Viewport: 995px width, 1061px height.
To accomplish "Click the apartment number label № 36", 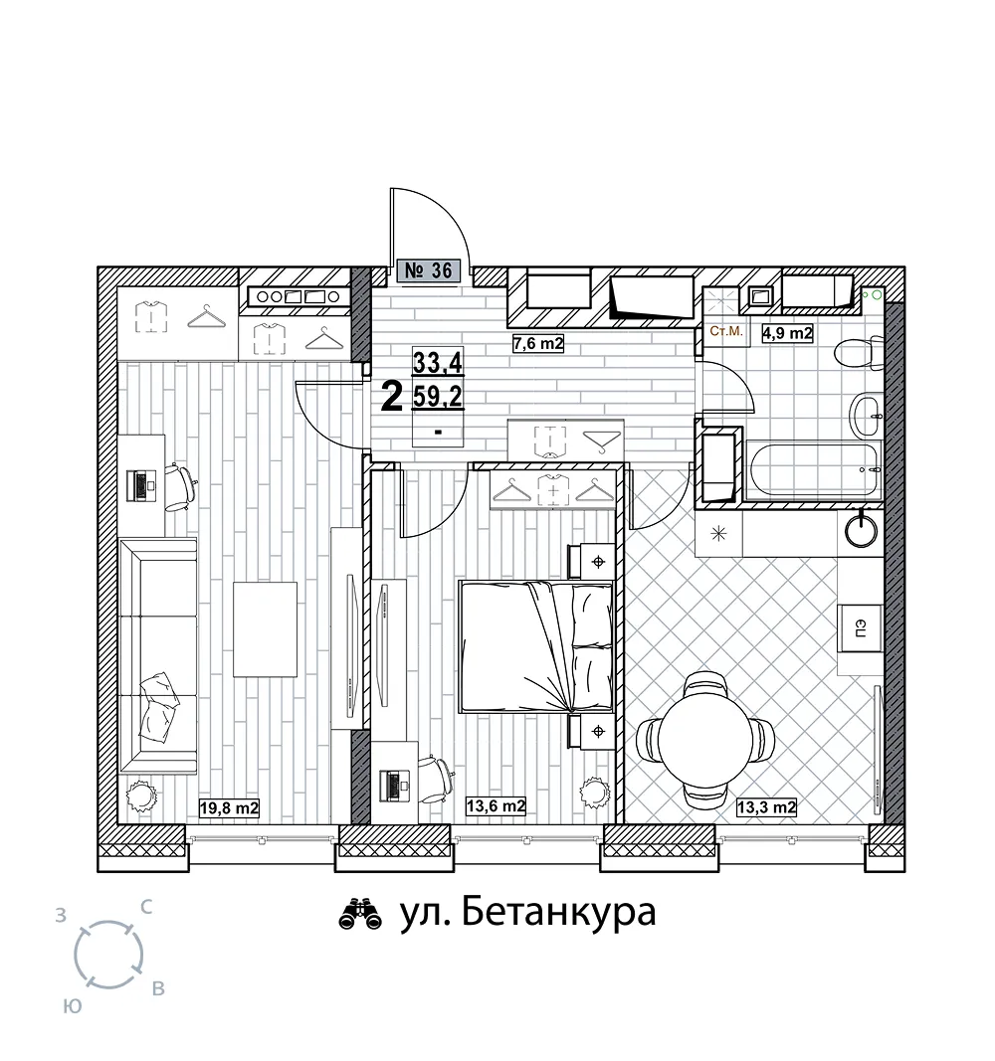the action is pos(429,270).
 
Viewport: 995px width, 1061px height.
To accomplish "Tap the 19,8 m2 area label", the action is pos(230,807).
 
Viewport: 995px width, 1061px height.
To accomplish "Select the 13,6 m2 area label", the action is pos(496,805).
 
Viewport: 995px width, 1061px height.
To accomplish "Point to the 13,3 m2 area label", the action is pos(765,806).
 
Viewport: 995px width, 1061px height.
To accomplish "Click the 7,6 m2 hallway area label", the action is pos(538,344).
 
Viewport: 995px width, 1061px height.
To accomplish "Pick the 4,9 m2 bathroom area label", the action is pos(787,333).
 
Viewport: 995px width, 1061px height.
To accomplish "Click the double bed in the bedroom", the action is pos(535,646).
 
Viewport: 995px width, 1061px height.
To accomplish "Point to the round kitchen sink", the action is pos(861,529).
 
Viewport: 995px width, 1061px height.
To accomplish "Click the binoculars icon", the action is pos(360,914).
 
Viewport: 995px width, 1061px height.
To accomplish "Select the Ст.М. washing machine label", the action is pos(726,331).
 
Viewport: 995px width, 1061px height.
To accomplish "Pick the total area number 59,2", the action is pos(438,397).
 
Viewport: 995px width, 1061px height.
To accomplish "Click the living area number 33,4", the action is pos(438,363).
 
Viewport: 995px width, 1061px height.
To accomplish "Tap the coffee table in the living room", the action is pos(266,629).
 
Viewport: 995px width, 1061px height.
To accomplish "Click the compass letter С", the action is pos(145,907).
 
